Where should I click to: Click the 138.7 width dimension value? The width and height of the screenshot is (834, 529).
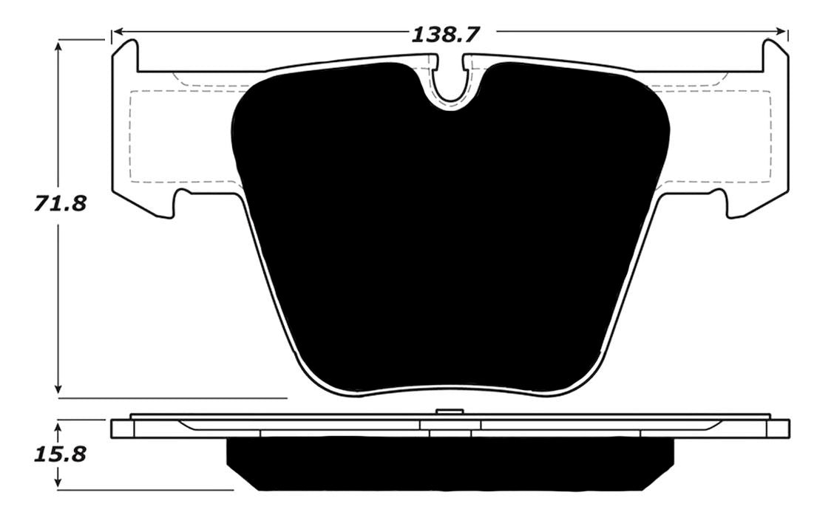[x=446, y=35]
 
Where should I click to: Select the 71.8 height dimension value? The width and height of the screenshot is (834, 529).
[x=60, y=204]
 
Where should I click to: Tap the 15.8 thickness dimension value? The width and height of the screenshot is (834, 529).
[x=60, y=454]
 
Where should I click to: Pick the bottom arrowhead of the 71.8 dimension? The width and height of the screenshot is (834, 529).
[x=59, y=389]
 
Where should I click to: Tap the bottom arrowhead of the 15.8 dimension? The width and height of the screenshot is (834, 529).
[x=59, y=482]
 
